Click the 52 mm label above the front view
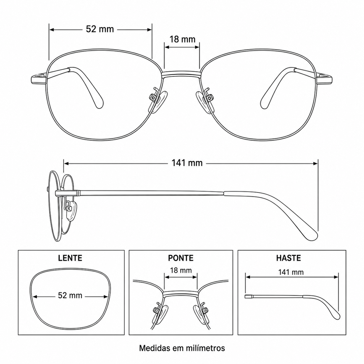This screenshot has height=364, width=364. (x=100, y=29)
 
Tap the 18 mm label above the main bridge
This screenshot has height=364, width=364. (x=182, y=39)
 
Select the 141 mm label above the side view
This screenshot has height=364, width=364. (x=187, y=163)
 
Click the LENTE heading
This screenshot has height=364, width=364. (x=70, y=258)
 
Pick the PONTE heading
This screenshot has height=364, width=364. (x=181, y=258)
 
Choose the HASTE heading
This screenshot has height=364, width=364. (x=288, y=258)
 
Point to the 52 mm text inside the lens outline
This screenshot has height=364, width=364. (x=70, y=295)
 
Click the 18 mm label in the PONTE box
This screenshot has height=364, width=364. (x=181, y=270)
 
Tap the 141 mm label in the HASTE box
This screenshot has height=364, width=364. (x=291, y=272)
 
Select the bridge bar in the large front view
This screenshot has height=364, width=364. (x=181, y=74)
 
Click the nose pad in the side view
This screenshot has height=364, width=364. (x=71, y=211)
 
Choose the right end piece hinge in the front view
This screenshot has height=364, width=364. (x=325, y=79)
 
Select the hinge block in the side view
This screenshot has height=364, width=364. (x=68, y=193)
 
